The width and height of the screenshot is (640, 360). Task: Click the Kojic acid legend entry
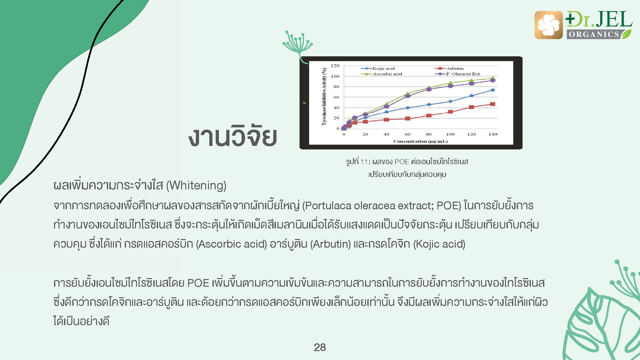pos(378,68)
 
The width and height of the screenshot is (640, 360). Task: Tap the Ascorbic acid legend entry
pos(381,74)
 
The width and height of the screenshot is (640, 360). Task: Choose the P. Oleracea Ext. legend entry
pos(458,74)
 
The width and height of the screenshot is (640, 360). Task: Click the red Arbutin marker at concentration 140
pos(493,104)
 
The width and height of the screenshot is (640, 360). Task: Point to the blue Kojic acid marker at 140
pos(493,90)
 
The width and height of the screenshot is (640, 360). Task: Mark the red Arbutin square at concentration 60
pos(408,119)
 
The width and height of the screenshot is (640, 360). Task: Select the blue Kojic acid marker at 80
pos(429,105)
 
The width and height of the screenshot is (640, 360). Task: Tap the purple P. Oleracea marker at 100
pos(450,86)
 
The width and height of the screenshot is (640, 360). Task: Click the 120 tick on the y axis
pos(335,66)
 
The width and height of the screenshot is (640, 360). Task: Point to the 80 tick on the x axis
pos(429,134)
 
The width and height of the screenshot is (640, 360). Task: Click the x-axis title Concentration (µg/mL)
pos(420,141)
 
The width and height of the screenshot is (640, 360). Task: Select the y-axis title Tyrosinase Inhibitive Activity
pos(324,97)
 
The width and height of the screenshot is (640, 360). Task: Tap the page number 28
pos(320,347)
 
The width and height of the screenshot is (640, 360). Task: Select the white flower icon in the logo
pos(548,25)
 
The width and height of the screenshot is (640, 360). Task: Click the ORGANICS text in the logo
pos(594,35)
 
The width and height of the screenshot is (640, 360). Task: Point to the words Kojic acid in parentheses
pos(439,244)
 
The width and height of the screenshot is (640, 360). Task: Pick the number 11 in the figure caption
pos(364,162)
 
